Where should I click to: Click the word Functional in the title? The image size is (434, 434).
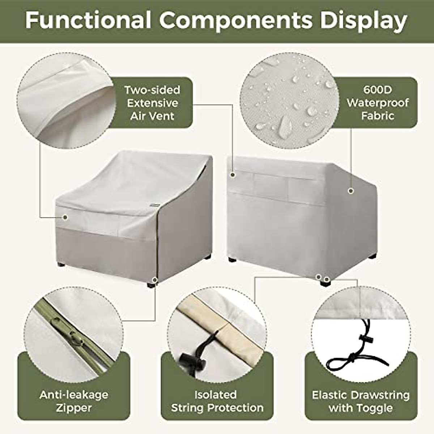[88, 20]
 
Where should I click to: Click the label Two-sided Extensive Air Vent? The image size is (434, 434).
[152, 103]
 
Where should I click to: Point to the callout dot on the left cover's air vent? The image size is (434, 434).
[65, 217]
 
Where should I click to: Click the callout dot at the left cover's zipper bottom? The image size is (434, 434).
[155, 279]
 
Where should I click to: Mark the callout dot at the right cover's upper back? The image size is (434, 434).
[233, 175]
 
